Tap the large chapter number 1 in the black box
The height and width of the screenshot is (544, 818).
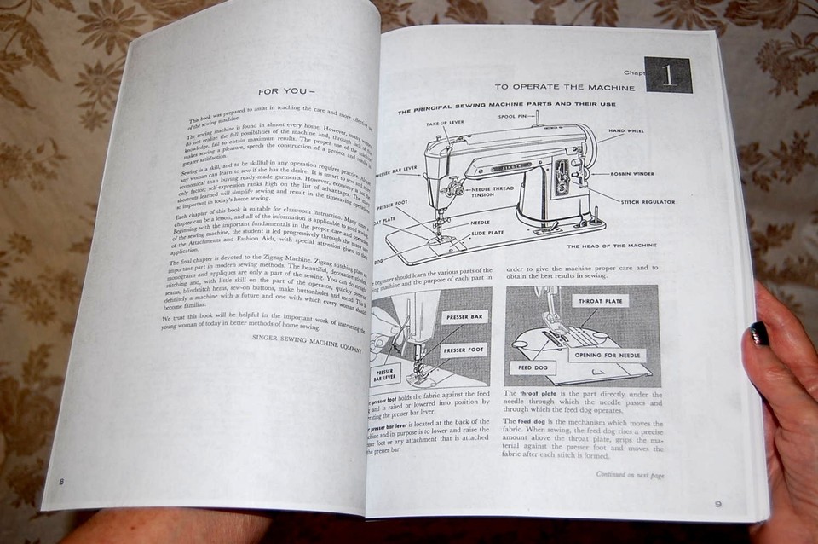tap(667, 75)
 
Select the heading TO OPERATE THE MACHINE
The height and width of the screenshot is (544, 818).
tap(565, 88)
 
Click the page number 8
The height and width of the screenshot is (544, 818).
tap(61, 482)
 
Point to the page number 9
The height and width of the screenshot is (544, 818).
tap(717, 503)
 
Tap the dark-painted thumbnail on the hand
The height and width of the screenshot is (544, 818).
tap(758, 333)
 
